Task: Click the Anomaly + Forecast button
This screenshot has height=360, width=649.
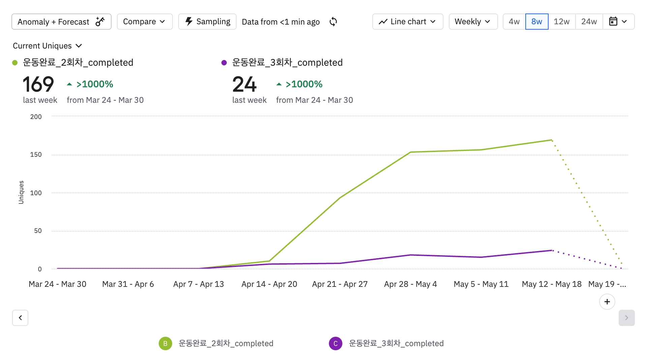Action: (61, 22)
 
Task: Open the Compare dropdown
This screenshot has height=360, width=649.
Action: (145, 22)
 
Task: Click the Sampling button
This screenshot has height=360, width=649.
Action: (207, 22)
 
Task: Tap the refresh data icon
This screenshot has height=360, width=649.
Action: (333, 22)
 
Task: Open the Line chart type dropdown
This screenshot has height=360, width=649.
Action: (407, 22)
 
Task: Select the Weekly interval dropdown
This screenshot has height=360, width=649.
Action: (473, 22)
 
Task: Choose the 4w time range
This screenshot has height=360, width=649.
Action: (514, 22)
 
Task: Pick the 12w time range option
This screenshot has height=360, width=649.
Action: (561, 22)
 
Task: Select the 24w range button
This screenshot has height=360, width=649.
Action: (589, 22)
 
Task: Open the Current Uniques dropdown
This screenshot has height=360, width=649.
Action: (48, 46)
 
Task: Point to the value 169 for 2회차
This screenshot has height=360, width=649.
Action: (38, 84)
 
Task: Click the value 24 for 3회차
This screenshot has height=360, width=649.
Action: (244, 84)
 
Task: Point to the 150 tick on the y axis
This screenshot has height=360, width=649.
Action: (36, 155)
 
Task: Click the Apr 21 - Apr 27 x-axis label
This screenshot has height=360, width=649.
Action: (340, 284)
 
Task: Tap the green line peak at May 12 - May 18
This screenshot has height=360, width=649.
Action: (552, 140)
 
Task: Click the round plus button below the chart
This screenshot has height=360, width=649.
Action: (607, 302)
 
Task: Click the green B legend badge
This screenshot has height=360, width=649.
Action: (165, 343)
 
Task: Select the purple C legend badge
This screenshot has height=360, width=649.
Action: (336, 343)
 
